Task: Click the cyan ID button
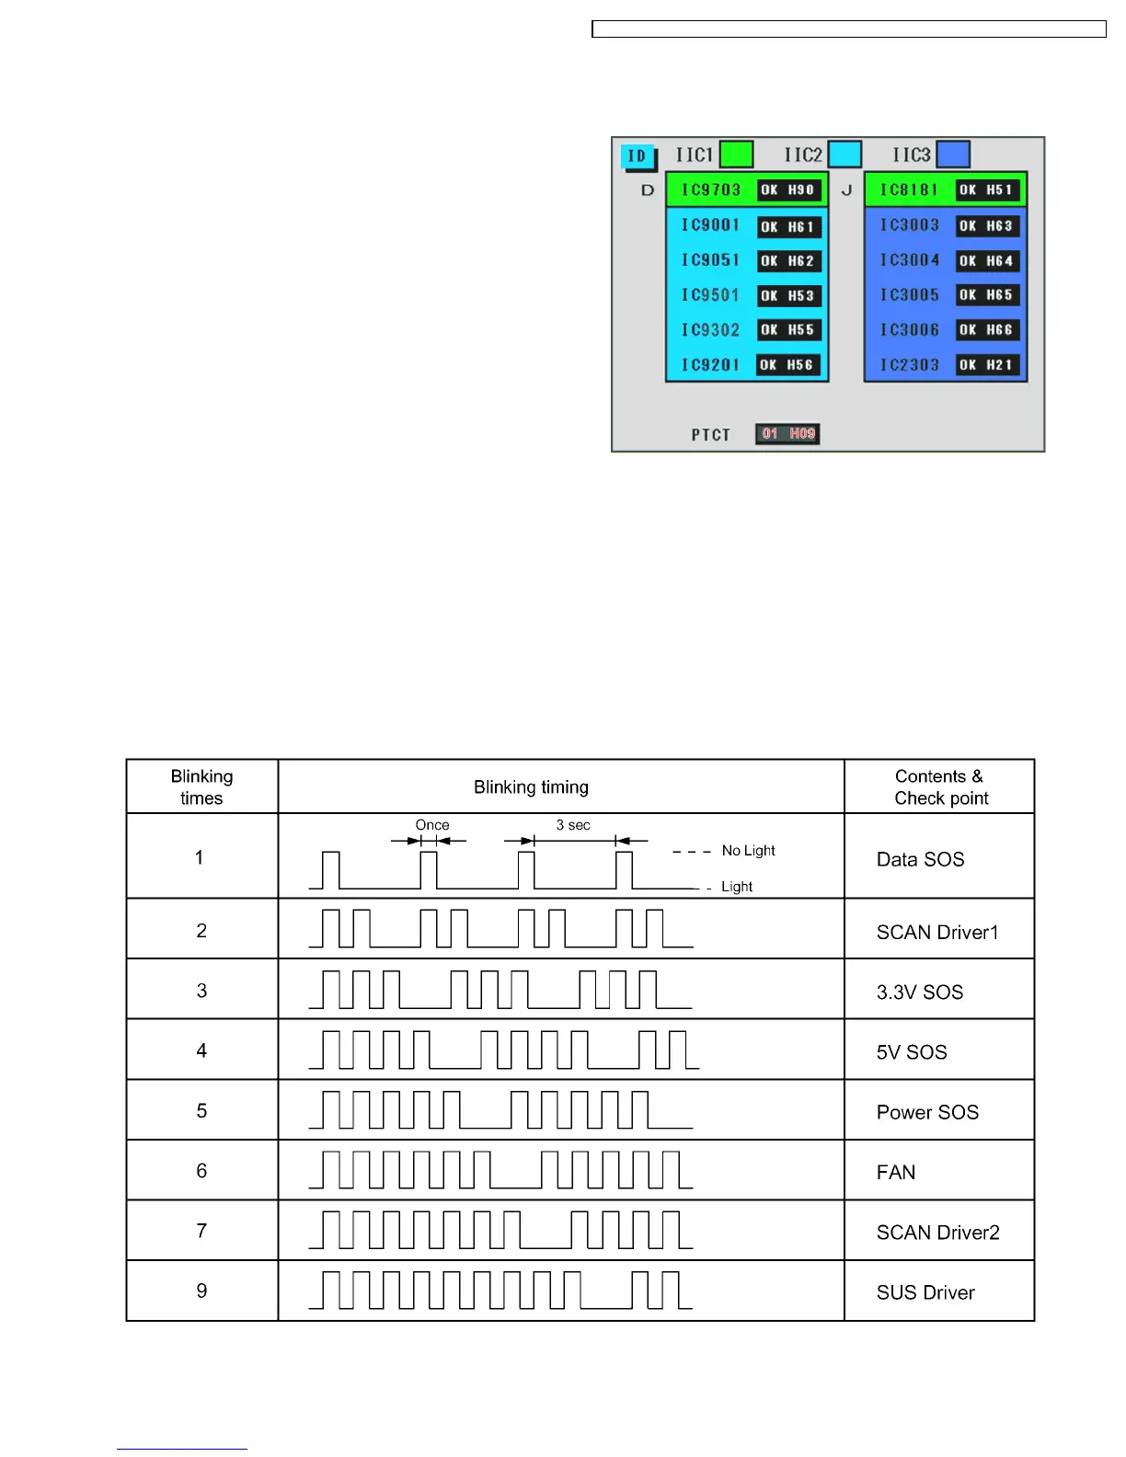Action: tap(638, 156)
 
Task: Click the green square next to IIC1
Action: tap(736, 155)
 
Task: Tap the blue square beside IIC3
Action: tap(953, 155)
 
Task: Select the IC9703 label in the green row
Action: tap(711, 190)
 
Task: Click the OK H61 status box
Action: tap(788, 226)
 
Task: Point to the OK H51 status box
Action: tap(987, 190)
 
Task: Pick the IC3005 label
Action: tap(910, 295)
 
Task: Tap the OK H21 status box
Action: tap(987, 365)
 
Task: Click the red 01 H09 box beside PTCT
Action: tap(787, 434)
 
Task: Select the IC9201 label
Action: tap(711, 365)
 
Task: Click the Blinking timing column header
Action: tap(531, 787)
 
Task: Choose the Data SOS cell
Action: tap(920, 859)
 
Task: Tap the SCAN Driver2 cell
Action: tap(937, 1233)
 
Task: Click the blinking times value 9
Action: tap(201, 1291)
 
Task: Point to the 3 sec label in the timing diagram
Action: tap(573, 825)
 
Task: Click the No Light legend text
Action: tap(748, 851)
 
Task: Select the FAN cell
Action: tap(896, 1173)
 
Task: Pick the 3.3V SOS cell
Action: tap(920, 992)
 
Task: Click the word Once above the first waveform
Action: tap(432, 825)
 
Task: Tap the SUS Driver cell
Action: tap(925, 1292)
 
